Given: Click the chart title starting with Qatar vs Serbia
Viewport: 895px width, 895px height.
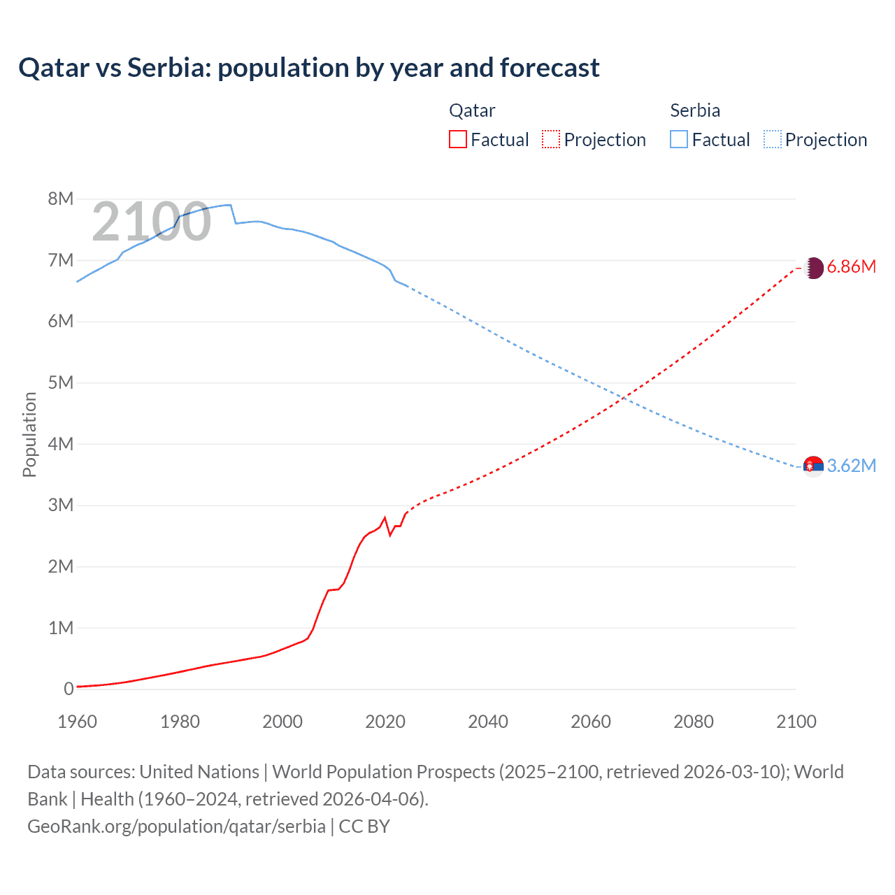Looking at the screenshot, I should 308,68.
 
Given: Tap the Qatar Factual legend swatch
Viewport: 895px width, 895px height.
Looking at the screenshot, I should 457,140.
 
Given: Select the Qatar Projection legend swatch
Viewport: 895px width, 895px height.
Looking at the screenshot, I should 551,140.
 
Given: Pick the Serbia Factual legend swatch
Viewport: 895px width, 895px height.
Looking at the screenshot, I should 679,140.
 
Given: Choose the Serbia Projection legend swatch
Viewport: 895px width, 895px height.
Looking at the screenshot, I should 772,140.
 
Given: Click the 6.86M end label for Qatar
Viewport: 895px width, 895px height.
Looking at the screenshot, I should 851,267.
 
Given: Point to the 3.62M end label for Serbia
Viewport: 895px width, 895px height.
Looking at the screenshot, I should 851,466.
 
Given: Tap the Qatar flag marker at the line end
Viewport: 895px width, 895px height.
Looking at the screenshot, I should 813,268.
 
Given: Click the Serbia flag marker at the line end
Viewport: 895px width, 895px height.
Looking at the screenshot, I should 813,466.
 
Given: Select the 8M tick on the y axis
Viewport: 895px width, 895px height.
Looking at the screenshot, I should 61,199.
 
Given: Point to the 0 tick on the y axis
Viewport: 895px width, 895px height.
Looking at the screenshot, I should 69,689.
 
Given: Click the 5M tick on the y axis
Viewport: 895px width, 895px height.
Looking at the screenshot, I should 61,383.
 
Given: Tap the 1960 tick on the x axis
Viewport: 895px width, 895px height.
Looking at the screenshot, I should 77,722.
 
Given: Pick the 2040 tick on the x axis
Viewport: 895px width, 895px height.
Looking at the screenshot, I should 488,722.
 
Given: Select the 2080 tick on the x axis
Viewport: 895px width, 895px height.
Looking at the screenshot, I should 694,722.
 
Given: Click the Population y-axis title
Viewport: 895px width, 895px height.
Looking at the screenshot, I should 29,434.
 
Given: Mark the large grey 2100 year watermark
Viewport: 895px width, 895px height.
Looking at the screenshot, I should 151,222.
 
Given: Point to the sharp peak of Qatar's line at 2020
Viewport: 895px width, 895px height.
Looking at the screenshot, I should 385,518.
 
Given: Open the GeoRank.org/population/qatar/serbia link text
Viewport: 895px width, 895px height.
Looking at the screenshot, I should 176,826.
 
